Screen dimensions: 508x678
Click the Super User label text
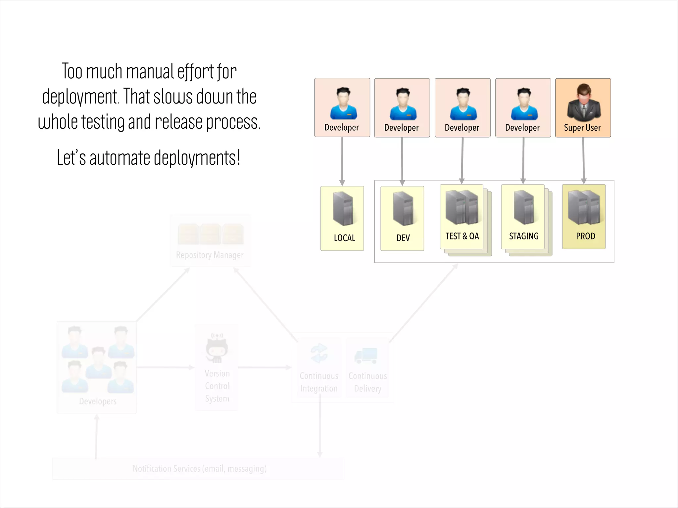pos(582,128)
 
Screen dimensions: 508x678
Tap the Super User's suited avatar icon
pos(584,102)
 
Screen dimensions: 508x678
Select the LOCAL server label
pos(344,238)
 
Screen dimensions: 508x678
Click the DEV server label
pos(403,238)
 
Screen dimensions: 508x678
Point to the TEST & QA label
pos(462,236)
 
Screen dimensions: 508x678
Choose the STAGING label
pos(523,236)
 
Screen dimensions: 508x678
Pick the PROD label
pos(585,236)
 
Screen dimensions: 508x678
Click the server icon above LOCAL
pos(343,209)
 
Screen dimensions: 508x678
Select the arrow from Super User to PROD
pos(583,160)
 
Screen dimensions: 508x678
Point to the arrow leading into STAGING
pos(523,160)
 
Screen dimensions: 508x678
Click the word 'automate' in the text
pos(120,158)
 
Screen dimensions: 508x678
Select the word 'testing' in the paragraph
pos(103,122)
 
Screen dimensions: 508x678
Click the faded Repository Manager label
pos(210,255)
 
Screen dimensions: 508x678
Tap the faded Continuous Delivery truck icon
pos(366,356)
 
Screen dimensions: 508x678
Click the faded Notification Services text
pos(199,469)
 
